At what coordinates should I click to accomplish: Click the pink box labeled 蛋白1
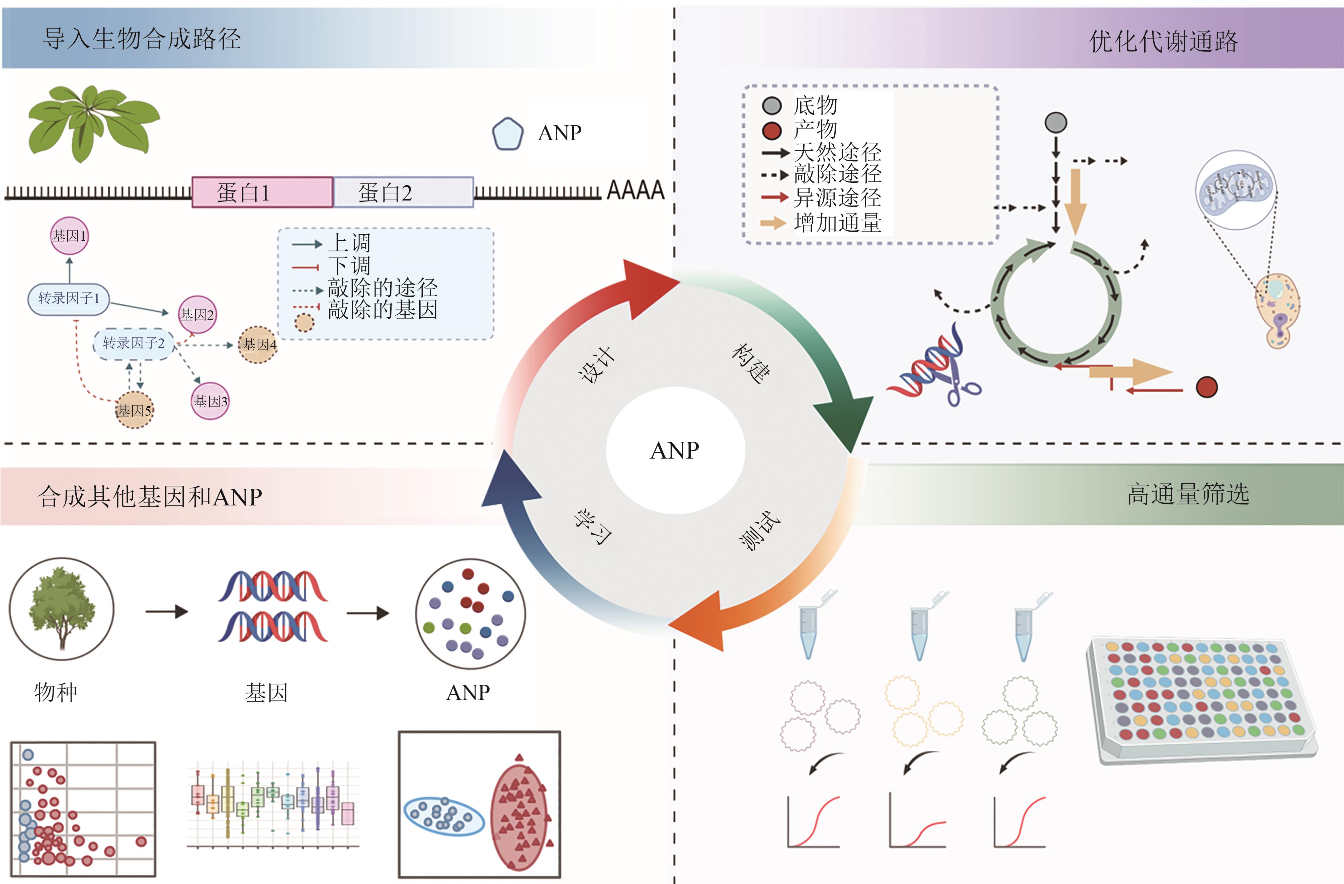point(262,192)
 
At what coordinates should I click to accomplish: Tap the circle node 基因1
point(70,236)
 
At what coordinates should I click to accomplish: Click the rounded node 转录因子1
point(68,298)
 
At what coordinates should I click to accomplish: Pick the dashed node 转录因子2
point(133,343)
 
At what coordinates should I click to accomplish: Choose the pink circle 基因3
point(210,401)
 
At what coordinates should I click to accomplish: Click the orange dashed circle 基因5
point(134,410)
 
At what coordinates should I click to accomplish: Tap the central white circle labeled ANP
point(675,450)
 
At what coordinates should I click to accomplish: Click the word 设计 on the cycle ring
point(596,364)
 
